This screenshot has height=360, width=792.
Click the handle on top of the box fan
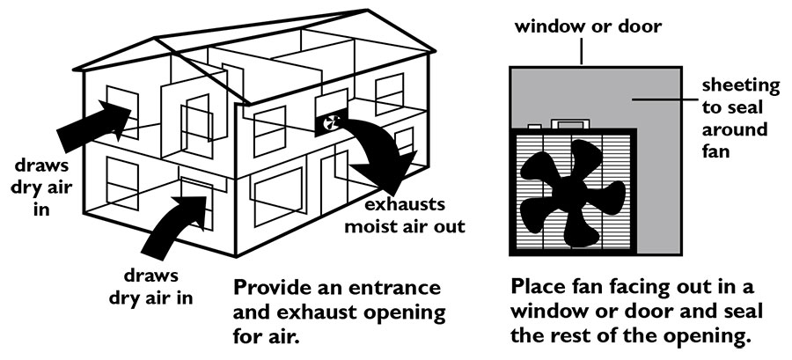[564, 123]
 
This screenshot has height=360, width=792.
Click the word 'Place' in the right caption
[538, 288]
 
